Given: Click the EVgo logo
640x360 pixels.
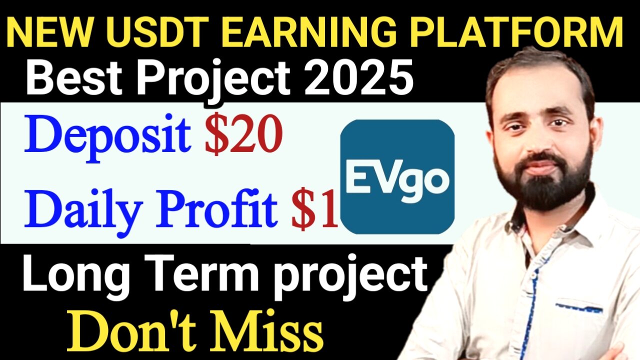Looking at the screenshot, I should point(397,177).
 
